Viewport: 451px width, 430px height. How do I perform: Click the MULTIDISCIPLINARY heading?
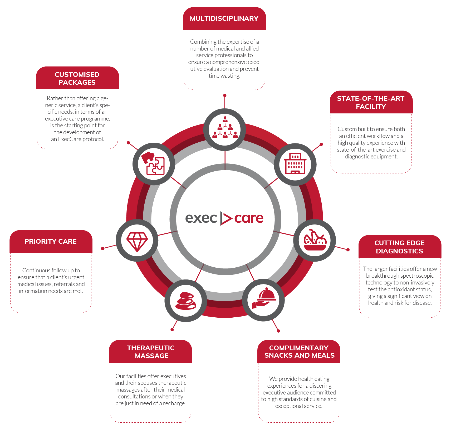(224, 18)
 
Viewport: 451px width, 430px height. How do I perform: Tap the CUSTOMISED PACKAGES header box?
(77, 78)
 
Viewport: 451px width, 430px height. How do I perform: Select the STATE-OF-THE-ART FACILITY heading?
(371, 102)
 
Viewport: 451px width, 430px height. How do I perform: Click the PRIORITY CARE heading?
(51, 241)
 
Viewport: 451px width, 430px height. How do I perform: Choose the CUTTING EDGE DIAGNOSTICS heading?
(400, 247)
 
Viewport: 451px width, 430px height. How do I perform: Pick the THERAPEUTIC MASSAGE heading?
(151, 352)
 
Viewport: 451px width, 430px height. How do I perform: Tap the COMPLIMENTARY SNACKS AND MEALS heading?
(299, 352)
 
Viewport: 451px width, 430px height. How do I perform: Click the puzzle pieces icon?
(153, 163)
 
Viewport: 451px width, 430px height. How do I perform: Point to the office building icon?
(295, 163)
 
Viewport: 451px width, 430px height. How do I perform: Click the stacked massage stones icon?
(186, 301)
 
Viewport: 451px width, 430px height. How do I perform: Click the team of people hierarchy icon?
(225, 127)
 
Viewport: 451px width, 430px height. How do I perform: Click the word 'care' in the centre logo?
(249, 218)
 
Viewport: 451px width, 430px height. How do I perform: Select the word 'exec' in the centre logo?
(201, 218)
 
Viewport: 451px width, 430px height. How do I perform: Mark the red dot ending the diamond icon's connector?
(103, 248)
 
